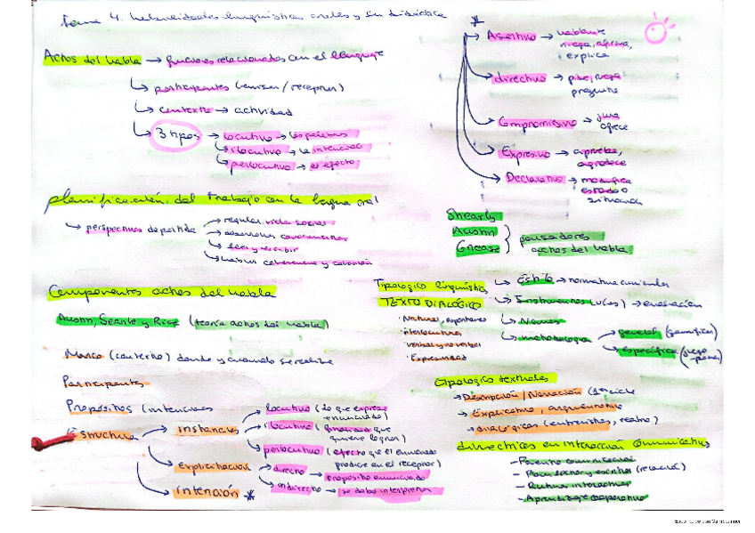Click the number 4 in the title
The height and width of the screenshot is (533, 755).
pos(97,18)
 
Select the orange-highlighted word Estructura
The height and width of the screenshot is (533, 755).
pos(103,435)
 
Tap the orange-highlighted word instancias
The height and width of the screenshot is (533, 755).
pos(206,429)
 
